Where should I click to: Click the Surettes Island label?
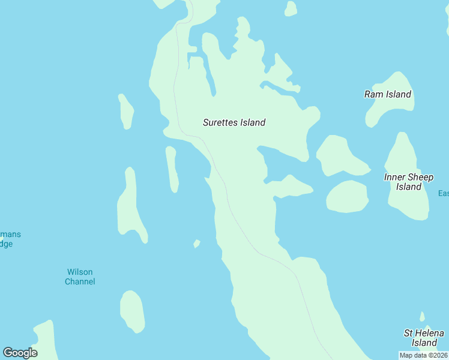coord(234,122)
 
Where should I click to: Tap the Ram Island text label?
coord(388,94)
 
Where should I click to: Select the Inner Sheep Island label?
coord(408,182)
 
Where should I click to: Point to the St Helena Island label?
coord(424,338)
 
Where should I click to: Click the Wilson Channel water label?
coord(80,277)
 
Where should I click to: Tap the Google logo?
coord(20,353)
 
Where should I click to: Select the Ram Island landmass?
coord(393,108)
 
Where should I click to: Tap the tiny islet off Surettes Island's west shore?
coord(196,244)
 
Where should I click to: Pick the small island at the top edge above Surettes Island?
coord(291,8)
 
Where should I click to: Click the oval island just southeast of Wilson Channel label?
coord(132,311)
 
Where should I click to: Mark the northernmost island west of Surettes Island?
coord(126,112)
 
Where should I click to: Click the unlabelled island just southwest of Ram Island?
coord(339,156)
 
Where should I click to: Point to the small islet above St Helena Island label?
coord(422,317)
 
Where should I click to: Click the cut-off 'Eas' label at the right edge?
coord(443,193)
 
